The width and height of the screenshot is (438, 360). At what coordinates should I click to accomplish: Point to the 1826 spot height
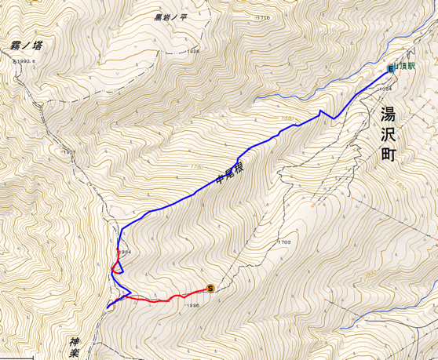(x=193, y=52)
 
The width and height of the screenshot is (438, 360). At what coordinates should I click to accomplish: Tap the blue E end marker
(x=390, y=70)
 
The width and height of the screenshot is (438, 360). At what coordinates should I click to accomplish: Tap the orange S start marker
(x=210, y=288)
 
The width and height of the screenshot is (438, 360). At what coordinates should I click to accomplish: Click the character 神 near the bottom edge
(x=75, y=342)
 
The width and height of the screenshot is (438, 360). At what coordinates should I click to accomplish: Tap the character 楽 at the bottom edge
(x=75, y=355)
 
